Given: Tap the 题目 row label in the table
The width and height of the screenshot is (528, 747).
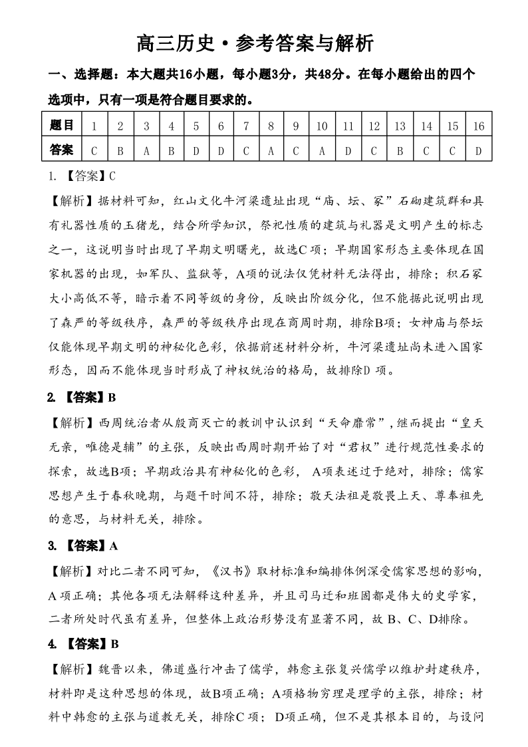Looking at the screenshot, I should click(x=62, y=125).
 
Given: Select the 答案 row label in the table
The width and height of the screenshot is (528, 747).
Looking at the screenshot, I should click(x=62, y=150).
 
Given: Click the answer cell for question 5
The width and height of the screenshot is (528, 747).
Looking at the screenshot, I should click(x=196, y=150).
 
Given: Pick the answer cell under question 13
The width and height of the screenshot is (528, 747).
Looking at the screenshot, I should click(x=400, y=150).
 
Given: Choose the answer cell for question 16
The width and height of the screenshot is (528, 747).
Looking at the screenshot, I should click(x=478, y=150).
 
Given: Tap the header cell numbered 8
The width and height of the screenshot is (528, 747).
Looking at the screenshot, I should click(x=271, y=125).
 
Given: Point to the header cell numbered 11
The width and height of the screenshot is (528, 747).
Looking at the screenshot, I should click(x=348, y=125).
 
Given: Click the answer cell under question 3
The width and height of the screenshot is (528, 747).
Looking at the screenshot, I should click(x=146, y=150).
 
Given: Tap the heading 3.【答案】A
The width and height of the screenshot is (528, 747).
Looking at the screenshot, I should click(x=82, y=546).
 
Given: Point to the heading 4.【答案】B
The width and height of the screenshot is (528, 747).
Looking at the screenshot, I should click(x=82, y=644).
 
